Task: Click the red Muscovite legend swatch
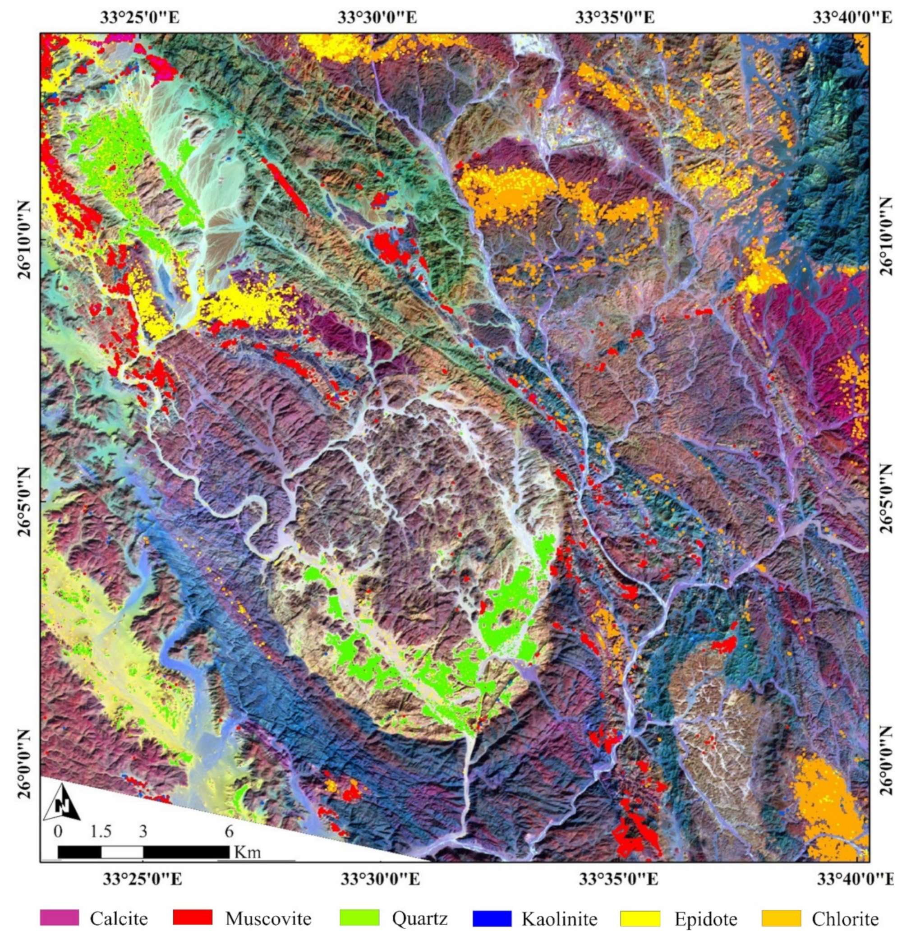coord(193,918)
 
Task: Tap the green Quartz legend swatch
coord(359,918)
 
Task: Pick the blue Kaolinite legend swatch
coord(491,918)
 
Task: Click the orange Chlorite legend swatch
coord(781,918)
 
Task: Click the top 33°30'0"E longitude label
coord(377,18)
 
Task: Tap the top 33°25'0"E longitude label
coord(140,18)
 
